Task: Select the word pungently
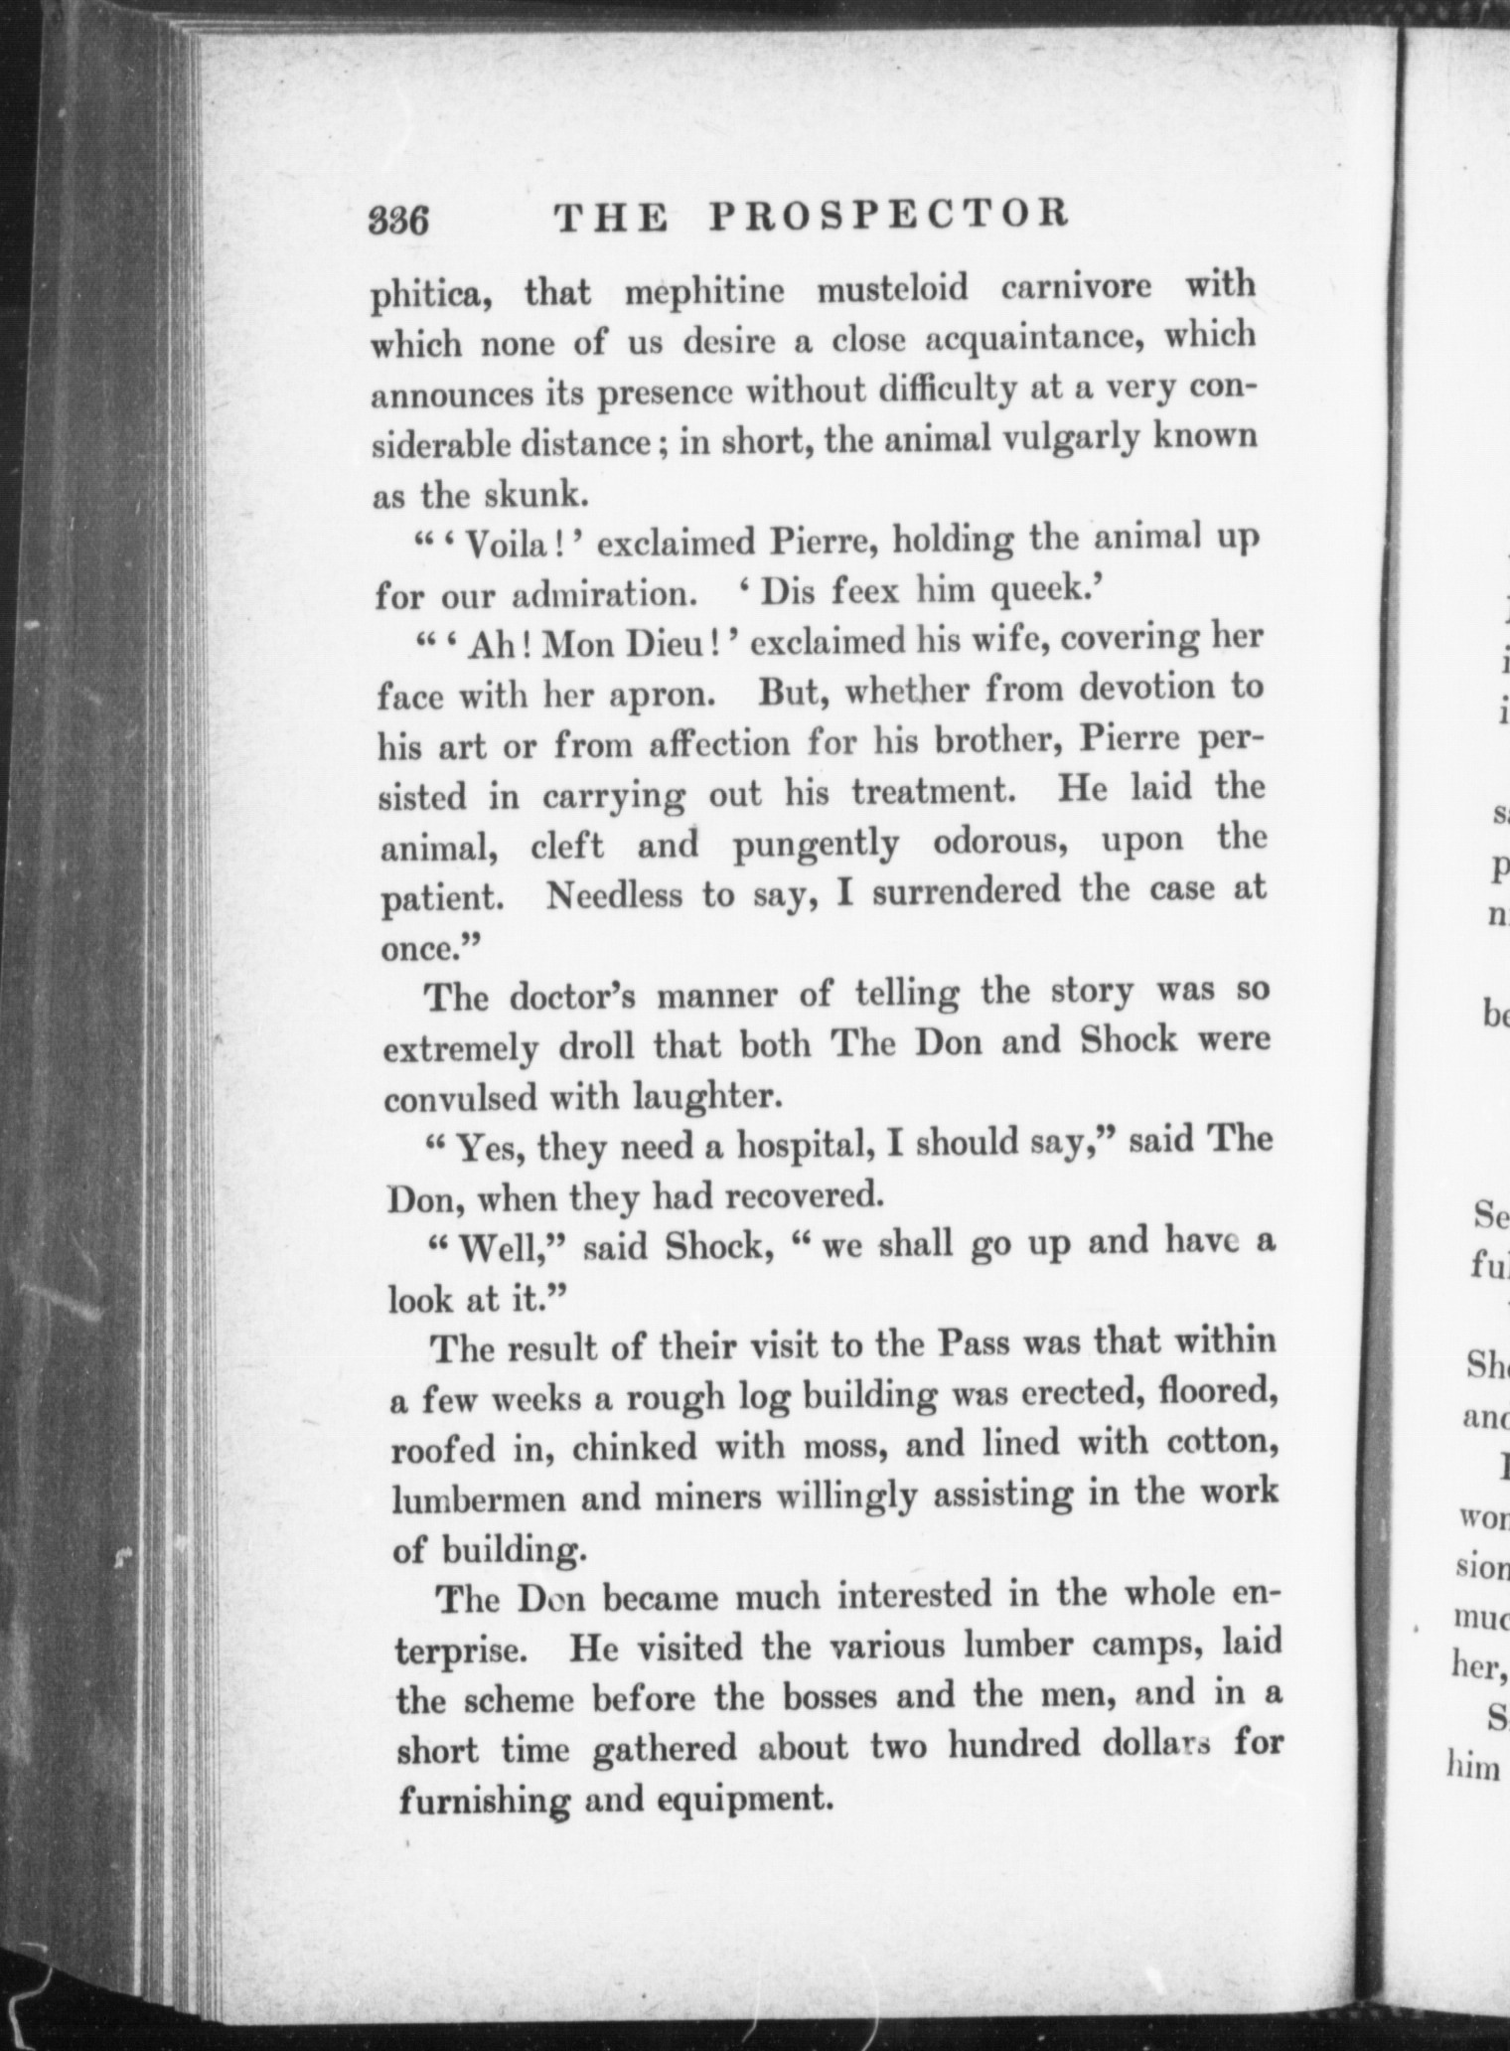[x=816, y=845]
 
